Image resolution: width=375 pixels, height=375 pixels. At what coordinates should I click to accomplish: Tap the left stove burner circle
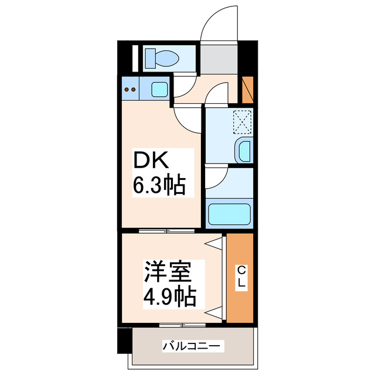point(127,90)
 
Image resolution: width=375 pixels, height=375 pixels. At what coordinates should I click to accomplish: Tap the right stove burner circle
point(134,90)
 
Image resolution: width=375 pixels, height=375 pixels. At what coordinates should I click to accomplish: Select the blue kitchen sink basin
point(159,90)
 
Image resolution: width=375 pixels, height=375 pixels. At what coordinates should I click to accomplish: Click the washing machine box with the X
point(242,122)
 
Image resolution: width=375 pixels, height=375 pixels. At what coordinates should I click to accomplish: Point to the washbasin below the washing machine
point(243,151)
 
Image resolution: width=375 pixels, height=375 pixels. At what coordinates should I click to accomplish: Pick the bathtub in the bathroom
point(229,214)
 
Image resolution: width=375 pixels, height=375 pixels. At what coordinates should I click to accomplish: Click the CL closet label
point(240,277)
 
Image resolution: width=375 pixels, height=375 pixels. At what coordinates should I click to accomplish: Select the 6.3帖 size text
point(159,186)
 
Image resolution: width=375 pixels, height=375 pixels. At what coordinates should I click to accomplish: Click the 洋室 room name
point(166,273)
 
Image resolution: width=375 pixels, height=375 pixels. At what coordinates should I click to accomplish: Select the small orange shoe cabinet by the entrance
point(248,88)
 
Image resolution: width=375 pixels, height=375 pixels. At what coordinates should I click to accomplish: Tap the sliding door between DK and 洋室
point(166,231)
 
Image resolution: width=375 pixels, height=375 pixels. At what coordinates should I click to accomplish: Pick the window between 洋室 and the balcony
point(182,324)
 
